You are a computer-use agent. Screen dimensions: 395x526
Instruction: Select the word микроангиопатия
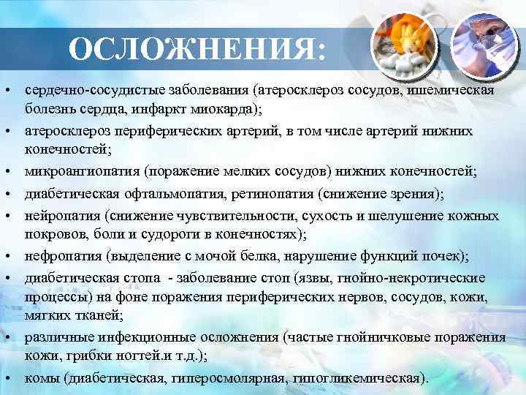tap(82, 171)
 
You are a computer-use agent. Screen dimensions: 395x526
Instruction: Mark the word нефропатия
tap(61, 256)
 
